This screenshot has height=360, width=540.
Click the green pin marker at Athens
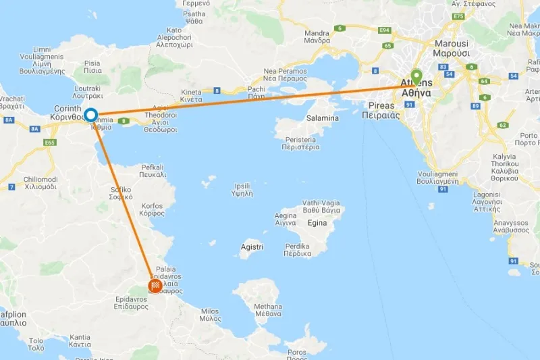pos(416,77)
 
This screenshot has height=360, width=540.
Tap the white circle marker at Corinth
pos(90,115)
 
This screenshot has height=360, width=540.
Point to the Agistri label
pos(252,248)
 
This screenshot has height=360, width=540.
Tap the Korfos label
pos(151,207)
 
